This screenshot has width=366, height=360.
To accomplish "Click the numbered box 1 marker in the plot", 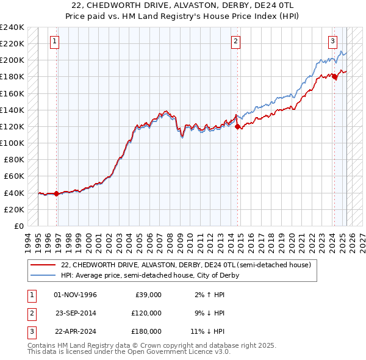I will pos(55,41).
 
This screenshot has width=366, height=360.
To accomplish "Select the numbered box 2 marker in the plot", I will pos(235,41).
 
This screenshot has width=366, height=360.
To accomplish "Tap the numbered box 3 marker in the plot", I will pos(332,41).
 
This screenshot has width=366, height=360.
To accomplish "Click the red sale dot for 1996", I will pos(57,193).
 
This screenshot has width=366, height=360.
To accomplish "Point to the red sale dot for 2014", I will pos(237,126).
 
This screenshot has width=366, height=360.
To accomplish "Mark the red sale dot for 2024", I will pos(334,77).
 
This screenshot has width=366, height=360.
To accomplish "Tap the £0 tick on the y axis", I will pos(20,226).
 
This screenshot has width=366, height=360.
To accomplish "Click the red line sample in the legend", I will pos(43,265).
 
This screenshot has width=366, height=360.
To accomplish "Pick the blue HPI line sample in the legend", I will pos(43,275).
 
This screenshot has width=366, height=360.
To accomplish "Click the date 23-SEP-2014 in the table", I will pos(76,313).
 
